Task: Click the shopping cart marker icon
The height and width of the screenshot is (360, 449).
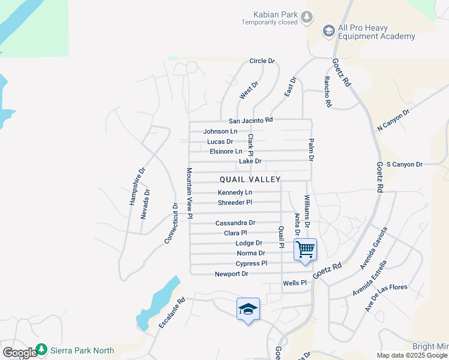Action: point(305,249)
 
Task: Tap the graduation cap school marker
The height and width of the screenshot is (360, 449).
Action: point(248,309)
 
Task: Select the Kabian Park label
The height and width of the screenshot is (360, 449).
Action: point(270,14)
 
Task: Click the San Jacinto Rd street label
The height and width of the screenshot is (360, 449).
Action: point(250,120)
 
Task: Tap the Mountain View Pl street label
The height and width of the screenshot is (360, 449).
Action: point(189,193)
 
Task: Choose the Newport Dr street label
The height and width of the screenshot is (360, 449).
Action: point(232,274)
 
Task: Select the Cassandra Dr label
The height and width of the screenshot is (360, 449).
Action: point(235,223)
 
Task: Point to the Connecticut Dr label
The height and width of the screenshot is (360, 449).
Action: point(171,223)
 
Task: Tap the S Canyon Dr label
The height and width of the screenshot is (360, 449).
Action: point(405,164)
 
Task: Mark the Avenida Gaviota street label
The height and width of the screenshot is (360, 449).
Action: point(374,247)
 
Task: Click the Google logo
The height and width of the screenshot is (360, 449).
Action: point(19,353)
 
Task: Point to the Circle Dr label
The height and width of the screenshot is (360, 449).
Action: point(262,61)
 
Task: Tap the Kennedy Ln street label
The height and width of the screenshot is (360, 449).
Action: point(235,193)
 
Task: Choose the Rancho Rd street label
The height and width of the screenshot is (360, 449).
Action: point(328,92)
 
